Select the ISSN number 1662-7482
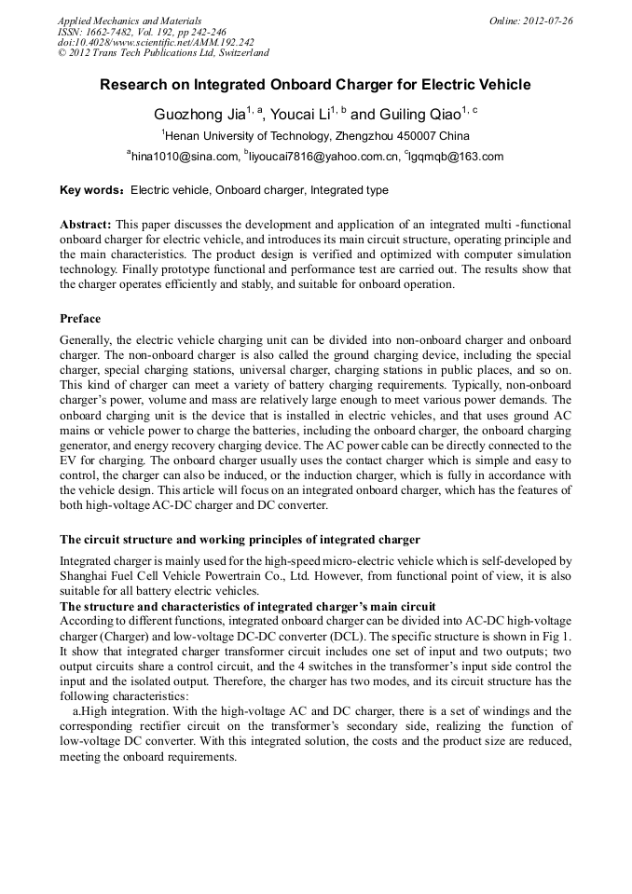tap(111, 32)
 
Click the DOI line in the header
tap(156, 42)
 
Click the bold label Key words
tap(91, 190)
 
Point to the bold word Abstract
tap(87, 225)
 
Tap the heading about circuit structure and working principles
tap(240, 540)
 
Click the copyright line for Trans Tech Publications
tap(163, 53)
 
